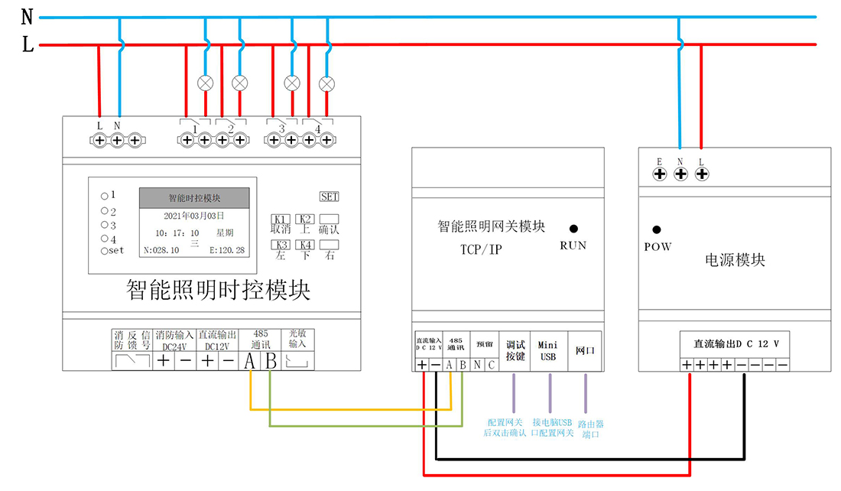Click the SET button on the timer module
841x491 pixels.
pos(330,197)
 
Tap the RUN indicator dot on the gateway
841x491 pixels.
pos(573,229)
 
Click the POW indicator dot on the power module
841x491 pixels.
pos(656,229)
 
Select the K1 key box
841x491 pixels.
pos(280,219)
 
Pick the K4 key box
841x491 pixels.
pos(304,245)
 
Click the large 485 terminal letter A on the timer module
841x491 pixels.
pos(250,361)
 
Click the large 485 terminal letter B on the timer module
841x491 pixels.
pos(270,361)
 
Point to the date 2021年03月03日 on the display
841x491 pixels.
pos(193,216)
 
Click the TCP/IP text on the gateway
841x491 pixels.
pos(481,249)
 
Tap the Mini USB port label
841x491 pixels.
pos(549,351)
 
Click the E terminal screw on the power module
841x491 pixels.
pos(659,174)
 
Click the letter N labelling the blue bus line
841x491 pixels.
pos(28,17)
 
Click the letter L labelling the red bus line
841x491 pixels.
pos(28,45)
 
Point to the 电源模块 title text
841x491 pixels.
pos(735,260)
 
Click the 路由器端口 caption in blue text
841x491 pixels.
pos(590,429)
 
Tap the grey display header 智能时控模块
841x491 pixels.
pos(194,198)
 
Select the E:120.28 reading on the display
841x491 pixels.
pos(227,250)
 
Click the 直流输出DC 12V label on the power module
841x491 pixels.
pos(735,344)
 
